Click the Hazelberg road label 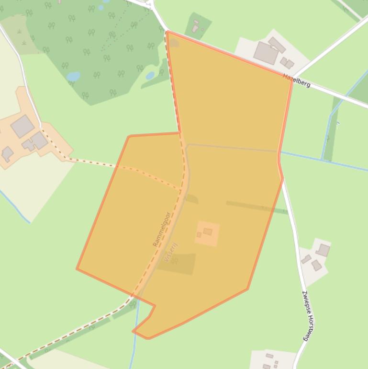(297, 80)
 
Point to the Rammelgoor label (162, 230)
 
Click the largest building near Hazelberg (266, 52)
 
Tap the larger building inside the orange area (208, 231)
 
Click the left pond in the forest (73, 76)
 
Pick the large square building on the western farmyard (22, 127)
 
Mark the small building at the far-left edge (7, 154)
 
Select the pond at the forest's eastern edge (150, 76)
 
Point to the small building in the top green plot (195, 29)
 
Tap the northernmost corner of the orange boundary (167, 32)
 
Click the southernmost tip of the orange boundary (148, 338)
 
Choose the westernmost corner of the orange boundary (77, 268)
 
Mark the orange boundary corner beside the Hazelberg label (291, 80)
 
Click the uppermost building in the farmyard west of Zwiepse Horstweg (323, 250)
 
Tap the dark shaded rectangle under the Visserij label (177, 264)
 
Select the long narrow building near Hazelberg (277, 45)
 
